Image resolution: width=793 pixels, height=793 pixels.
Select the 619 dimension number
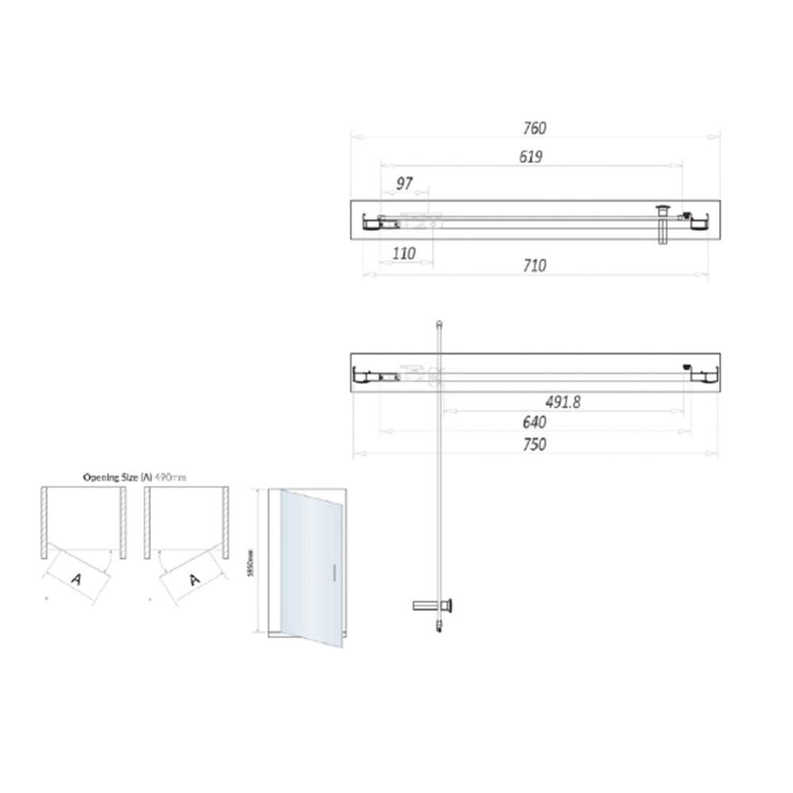click(531, 157)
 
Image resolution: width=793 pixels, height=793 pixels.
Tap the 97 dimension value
click(405, 184)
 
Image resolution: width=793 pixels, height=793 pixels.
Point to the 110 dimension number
click(404, 254)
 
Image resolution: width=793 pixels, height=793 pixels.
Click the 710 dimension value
click(535, 266)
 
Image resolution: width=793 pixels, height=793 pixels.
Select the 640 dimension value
click(535, 423)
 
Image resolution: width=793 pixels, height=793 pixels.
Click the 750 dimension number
click(535, 445)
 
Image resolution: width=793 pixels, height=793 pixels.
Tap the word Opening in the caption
click(100, 478)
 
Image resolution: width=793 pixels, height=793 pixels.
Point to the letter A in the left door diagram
click(76, 580)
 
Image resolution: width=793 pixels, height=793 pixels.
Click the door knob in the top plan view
click(664, 210)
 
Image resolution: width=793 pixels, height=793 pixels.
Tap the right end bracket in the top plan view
click(697, 221)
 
